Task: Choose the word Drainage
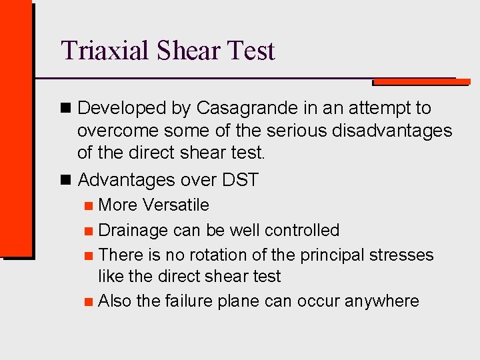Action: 133,231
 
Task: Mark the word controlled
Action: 302,231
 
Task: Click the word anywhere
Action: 381,301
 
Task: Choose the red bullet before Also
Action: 89,302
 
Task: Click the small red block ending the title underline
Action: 420,82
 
